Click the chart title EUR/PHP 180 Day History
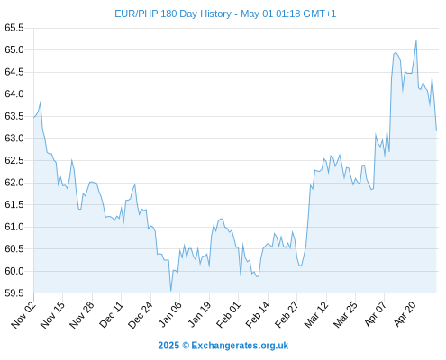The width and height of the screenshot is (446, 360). point(173,13)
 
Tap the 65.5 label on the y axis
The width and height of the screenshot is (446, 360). point(14,28)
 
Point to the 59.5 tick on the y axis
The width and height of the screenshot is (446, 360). point(14,292)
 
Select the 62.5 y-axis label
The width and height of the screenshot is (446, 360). point(14,160)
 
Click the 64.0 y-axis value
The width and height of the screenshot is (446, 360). point(14,94)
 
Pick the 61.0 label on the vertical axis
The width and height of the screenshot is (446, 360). point(14,227)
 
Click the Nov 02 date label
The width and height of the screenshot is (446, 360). point(23,314)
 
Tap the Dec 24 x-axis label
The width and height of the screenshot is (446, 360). point(141,314)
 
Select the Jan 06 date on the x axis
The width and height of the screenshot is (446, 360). point(170,314)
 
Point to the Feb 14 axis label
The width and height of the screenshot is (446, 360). point(258,314)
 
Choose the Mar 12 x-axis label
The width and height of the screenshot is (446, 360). point(316,314)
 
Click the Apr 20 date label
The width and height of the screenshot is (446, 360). point(405,314)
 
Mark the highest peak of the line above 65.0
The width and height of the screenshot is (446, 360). point(416,40)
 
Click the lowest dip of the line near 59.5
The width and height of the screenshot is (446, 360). point(170,291)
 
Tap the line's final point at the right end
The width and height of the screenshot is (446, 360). point(436,130)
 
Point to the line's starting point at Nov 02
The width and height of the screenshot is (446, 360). point(33,117)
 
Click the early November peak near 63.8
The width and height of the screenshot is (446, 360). point(41,102)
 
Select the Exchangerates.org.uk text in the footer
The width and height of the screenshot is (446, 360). point(240,346)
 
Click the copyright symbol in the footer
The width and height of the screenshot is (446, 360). point(186,346)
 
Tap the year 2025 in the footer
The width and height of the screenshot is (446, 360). point(168,346)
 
